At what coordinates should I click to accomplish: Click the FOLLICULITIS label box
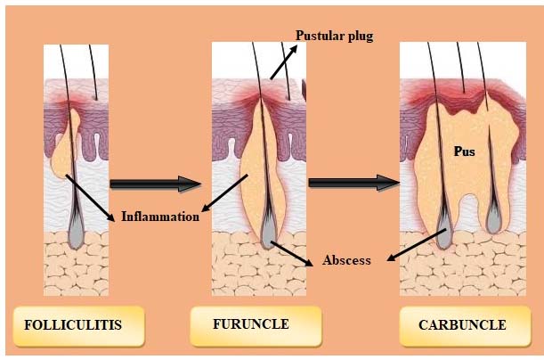tap(78, 326)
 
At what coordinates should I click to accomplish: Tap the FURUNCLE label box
tap(256, 326)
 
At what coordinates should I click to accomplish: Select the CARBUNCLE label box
tap(466, 326)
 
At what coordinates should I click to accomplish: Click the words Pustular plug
tap(335, 36)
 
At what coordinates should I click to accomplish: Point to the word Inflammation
tap(160, 217)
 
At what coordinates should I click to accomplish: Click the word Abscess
tap(346, 260)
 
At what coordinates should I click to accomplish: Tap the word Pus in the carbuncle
tap(465, 151)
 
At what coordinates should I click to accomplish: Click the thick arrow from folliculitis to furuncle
tap(156, 184)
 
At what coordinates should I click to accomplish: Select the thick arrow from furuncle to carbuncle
tap(353, 183)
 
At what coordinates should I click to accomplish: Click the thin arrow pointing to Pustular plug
tap(284, 62)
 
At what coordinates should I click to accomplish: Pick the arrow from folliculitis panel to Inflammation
tap(90, 198)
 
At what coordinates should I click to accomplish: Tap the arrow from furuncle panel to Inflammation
tap(224, 193)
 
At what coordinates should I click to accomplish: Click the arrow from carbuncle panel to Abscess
tap(417, 245)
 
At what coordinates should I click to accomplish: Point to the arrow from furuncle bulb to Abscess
tap(291, 254)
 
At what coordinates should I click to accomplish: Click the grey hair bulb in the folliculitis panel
tap(76, 230)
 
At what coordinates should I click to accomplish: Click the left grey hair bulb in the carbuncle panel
tap(443, 230)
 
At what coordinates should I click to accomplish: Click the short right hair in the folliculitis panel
tap(93, 72)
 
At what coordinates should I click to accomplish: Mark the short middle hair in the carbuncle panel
tap(460, 68)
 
